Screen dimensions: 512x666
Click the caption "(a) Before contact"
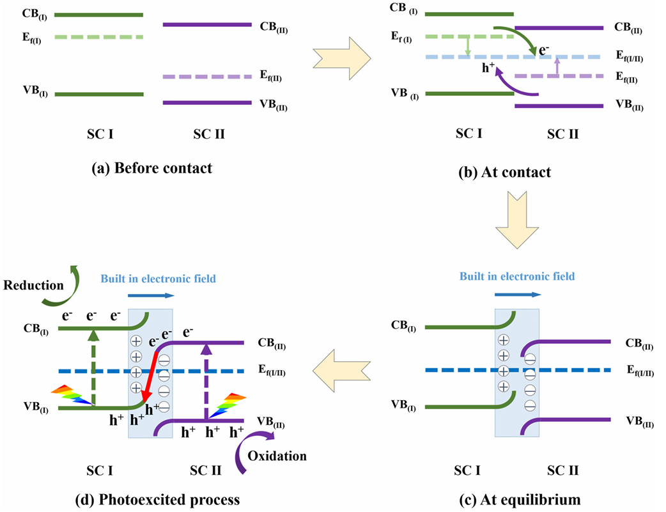151,169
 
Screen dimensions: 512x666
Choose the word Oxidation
278,456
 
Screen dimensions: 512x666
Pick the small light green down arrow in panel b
468,46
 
